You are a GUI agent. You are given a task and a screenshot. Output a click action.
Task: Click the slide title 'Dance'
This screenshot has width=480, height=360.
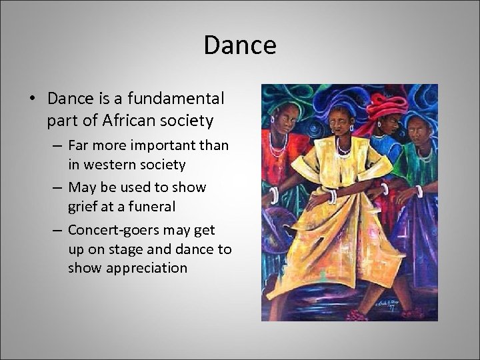pyautogui.click(x=240, y=45)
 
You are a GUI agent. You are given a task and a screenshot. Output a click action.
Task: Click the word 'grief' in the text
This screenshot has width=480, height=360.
pyautogui.click(x=82, y=207)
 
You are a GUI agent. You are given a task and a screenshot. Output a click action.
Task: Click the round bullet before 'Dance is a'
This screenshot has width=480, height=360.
pyautogui.click(x=34, y=99)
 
